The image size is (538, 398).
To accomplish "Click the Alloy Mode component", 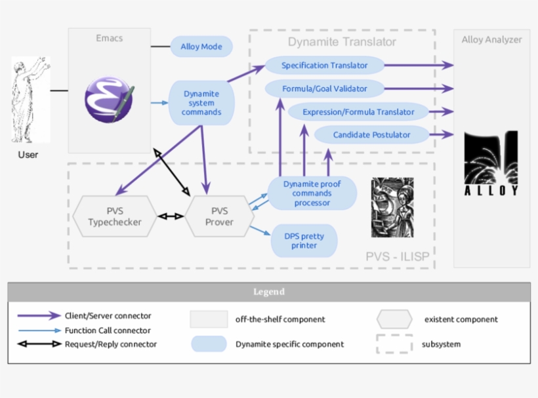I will pyautogui.click(x=201, y=47).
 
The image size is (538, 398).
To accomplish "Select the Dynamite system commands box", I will pyautogui.click(x=201, y=103).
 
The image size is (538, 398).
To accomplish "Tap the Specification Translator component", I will pyautogui.click(x=324, y=65).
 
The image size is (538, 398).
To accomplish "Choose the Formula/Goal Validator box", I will pyautogui.click(x=324, y=89).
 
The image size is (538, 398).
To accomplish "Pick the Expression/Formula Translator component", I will pyautogui.click(x=358, y=112).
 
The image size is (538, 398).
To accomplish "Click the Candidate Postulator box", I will pyautogui.click(x=371, y=135).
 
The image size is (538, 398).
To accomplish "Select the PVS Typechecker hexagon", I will pyautogui.click(x=115, y=216).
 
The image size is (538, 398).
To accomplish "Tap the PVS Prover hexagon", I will pyautogui.click(x=219, y=216).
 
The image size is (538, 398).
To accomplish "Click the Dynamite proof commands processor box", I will pyautogui.click(x=312, y=193).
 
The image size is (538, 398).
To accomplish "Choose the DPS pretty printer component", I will pyautogui.click(x=304, y=241).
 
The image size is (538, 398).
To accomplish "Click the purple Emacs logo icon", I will pyautogui.click(x=108, y=100).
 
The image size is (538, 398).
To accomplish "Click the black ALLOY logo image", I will pyautogui.click(x=491, y=164).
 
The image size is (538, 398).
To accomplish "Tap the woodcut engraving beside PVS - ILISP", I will pyautogui.click(x=392, y=208).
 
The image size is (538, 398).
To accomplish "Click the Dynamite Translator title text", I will pyautogui.click(x=342, y=42).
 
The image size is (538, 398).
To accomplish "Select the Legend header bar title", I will pyautogui.click(x=269, y=292).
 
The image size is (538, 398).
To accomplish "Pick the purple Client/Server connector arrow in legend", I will pyautogui.click(x=39, y=316).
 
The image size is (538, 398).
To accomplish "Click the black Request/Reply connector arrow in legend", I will pyautogui.click(x=39, y=344).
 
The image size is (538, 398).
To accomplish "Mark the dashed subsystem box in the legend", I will pyautogui.click(x=394, y=344).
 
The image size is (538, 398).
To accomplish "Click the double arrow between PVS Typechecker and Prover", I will pyautogui.click(x=171, y=216).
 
